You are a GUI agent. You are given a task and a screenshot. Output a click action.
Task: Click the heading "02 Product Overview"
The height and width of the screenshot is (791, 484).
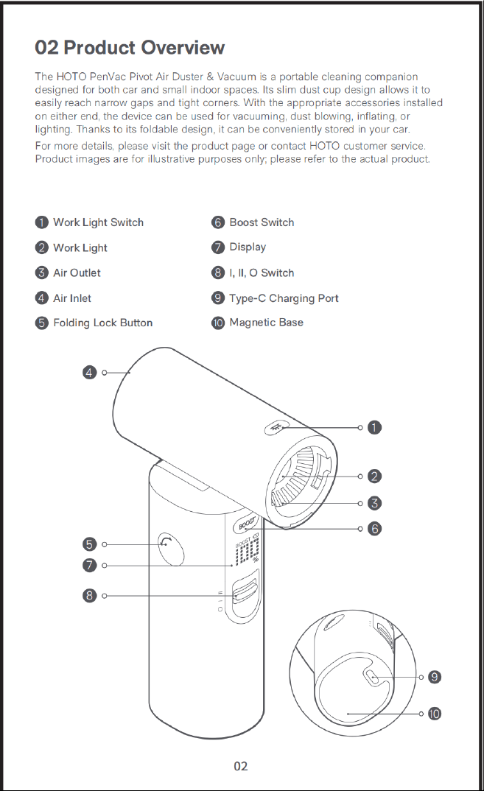tap(130, 47)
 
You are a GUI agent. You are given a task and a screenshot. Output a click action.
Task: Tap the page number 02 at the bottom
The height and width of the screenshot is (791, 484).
tap(241, 766)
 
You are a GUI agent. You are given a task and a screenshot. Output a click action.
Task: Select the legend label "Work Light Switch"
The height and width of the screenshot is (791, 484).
tap(99, 222)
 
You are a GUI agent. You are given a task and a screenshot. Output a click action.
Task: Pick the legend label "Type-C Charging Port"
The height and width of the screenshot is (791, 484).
tap(284, 298)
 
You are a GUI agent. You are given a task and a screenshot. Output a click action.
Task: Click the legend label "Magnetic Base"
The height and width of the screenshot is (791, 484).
tap(267, 323)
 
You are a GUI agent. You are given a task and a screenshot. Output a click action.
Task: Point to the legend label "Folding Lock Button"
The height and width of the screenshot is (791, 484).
tap(103, 323)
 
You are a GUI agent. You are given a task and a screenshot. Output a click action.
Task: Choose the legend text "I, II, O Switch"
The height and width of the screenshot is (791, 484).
tap(262, 273)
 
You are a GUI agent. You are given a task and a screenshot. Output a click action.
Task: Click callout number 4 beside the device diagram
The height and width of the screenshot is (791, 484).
tap(89, 373)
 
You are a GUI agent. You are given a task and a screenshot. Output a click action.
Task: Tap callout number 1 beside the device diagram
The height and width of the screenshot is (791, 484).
tap(374, 428)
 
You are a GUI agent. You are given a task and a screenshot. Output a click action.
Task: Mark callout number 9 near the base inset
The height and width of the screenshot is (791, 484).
tap(435, 677)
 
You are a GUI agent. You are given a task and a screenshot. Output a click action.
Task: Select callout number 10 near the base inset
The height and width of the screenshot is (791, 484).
tap(435, 714)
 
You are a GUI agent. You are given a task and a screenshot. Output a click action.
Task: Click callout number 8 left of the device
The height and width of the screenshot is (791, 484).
tap(89, 596)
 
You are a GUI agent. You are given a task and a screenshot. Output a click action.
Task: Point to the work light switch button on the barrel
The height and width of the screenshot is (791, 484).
tap(276, 429)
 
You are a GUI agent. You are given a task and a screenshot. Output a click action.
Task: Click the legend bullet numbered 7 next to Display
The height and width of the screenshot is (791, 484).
tap(218, 247)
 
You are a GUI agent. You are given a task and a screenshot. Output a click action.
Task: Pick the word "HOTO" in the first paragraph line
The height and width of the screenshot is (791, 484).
tap(71, 77)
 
